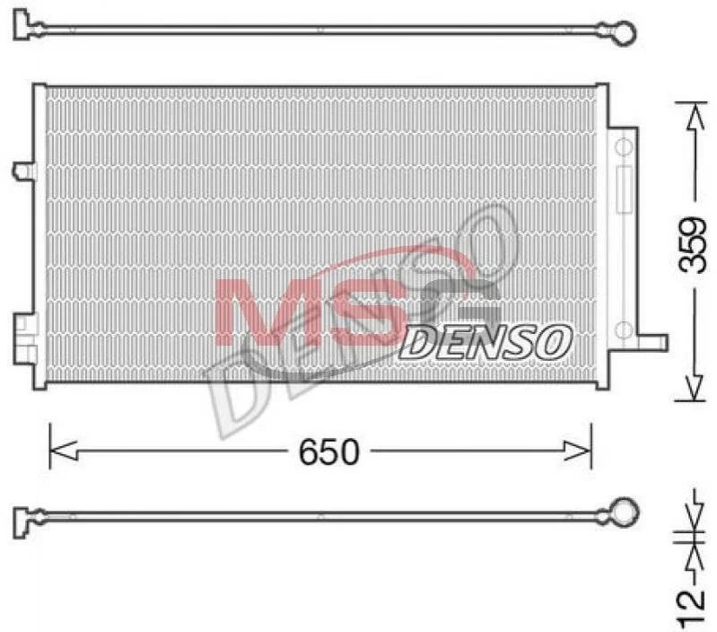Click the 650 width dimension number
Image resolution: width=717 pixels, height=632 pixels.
pos(329,452)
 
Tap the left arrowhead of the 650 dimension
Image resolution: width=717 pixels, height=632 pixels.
pos(63,452)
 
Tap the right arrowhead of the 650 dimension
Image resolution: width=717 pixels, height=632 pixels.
pos(578,452)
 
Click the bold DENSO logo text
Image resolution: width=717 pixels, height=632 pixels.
pos(485,342)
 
